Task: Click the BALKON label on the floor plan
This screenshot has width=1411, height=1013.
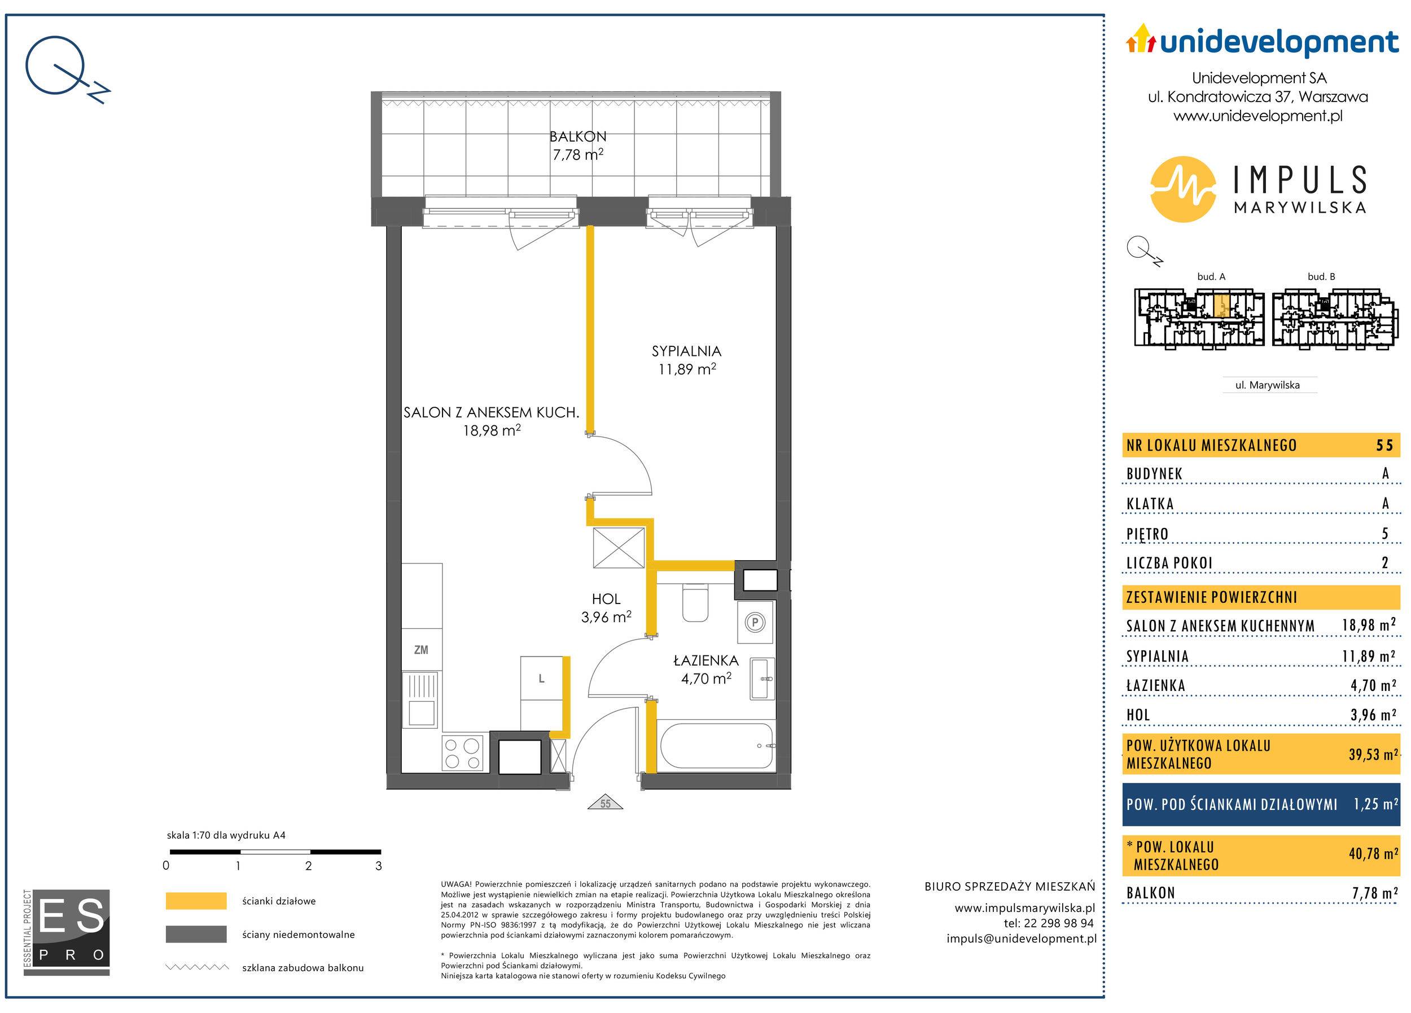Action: click(577, 136)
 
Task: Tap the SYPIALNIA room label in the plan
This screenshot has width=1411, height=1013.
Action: click(686, 351)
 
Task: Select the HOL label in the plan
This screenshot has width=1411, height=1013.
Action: click(606, 599)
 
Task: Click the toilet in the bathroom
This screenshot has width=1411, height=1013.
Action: click(695, 602)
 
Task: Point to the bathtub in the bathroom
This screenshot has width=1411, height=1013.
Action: click(717, 746)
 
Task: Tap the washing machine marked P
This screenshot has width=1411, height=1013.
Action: click(755, 622)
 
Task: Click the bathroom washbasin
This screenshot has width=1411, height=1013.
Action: click(762, 679)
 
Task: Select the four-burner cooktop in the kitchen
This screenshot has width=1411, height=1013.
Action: click(463, 753)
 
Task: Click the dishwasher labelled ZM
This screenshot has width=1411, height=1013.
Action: click(421, 650)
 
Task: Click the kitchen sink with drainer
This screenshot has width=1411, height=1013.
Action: click(421, 699)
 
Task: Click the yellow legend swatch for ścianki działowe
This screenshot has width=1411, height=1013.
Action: click(196, 901)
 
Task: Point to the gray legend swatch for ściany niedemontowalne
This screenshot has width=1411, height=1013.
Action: click(196, 934)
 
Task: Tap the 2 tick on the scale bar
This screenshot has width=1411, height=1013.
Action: click(309, 866)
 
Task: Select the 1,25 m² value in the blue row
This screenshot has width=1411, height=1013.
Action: click(1375, 804)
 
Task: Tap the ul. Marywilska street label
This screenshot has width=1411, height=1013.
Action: click(1267, 385)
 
